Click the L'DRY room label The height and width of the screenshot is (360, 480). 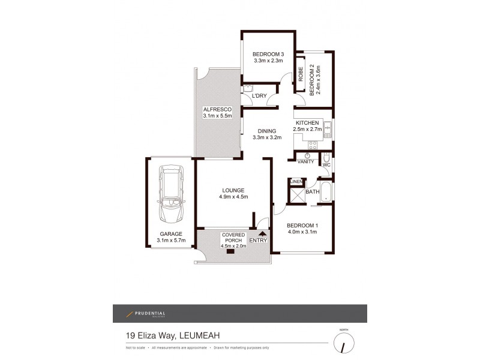click(x=259, y=96)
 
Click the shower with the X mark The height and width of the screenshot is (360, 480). click(x=297, y=196)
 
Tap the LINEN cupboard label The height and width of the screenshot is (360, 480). click(x=295, y=181)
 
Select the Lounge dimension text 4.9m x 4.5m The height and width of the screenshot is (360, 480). click(x=233, y=197)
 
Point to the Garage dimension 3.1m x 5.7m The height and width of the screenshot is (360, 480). click(x=170, y=241)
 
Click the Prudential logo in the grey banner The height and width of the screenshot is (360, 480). click(x=145, y=314)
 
